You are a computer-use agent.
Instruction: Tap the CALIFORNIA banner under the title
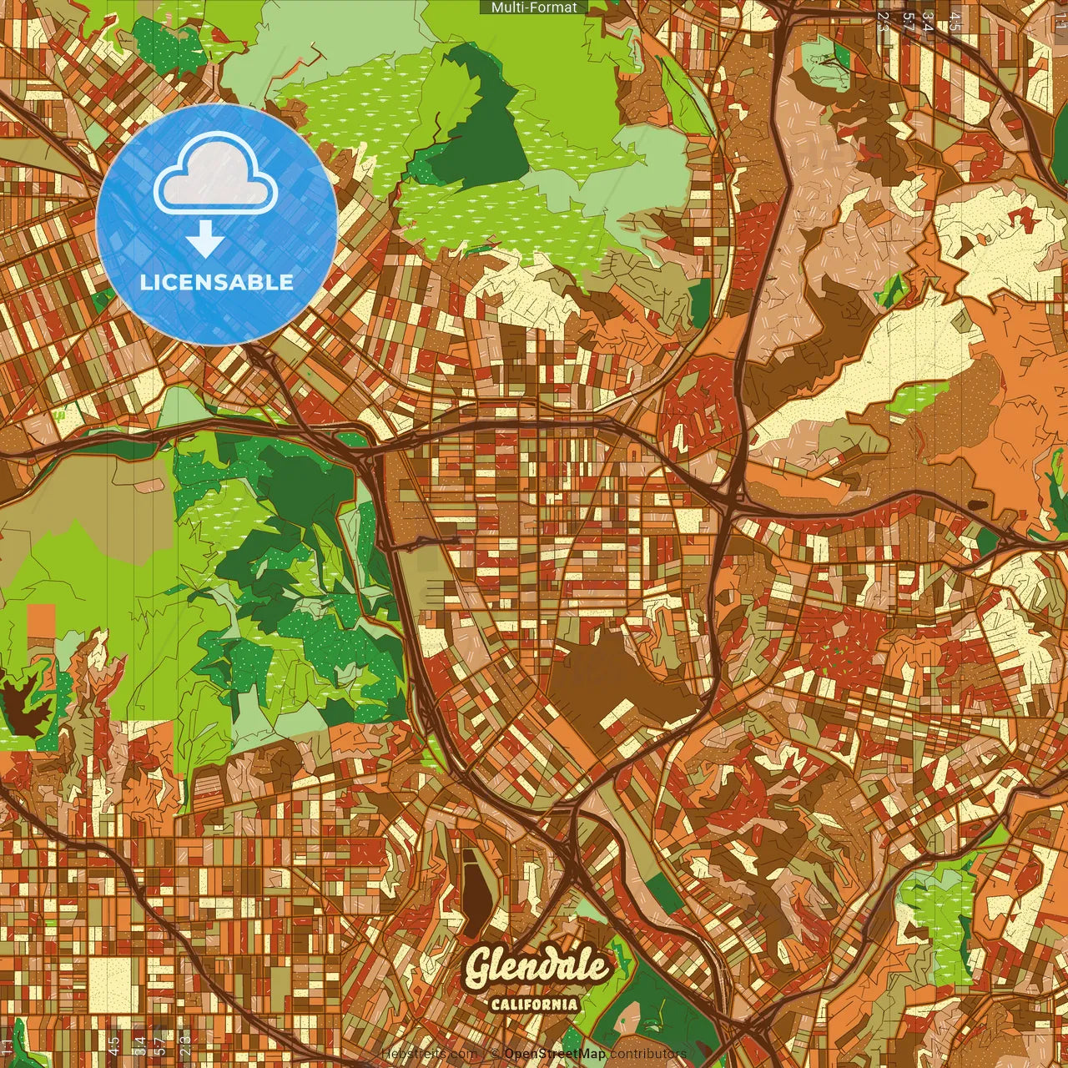coord(535,1004)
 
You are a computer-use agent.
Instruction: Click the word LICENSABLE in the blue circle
coord(217,282)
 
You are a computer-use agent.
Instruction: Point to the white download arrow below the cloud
coord(204,240)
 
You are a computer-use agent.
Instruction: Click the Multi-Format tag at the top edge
coord(534,8)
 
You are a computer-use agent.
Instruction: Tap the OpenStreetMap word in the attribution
coord(554,1055)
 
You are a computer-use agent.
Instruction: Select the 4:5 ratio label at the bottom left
coord(113,1045)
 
